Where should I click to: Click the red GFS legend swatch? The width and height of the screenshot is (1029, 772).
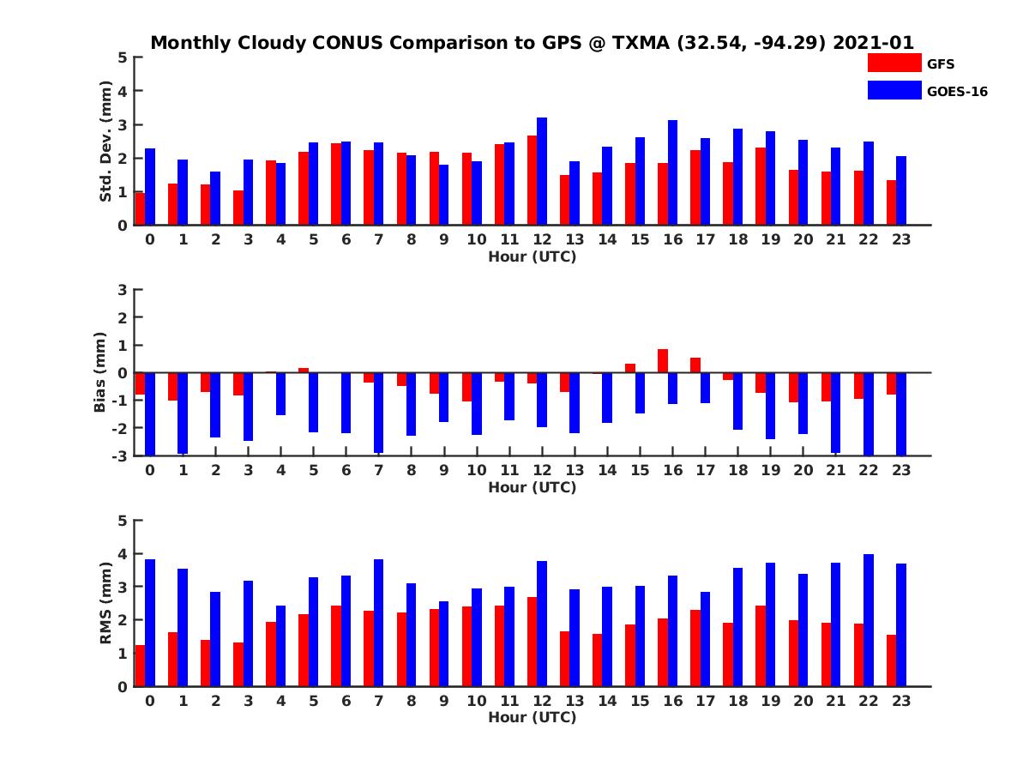[894, 63]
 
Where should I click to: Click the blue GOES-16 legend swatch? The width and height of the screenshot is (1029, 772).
[894, 90]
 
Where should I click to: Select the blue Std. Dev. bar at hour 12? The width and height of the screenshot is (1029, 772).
[542, 172]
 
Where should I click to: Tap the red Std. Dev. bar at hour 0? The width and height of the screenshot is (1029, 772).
[140, 208]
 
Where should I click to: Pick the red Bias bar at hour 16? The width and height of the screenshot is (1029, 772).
[663, 361]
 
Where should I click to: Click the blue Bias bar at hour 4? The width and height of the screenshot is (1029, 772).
[280, 394]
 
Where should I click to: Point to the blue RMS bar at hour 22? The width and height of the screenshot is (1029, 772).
[869, 620]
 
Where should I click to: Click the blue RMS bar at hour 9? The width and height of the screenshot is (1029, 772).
[443, 643]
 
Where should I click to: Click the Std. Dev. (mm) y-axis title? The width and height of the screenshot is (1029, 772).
[106, 142]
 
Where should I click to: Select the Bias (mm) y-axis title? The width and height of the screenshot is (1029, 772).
[99, 373]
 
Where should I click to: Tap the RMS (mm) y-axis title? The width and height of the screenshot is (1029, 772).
[106, 604]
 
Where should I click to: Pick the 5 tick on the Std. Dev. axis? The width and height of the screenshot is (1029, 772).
[123, 57]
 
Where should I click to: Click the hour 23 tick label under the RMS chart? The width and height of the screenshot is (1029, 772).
[900, 701]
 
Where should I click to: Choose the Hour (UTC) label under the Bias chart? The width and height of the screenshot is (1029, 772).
[532, 487]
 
